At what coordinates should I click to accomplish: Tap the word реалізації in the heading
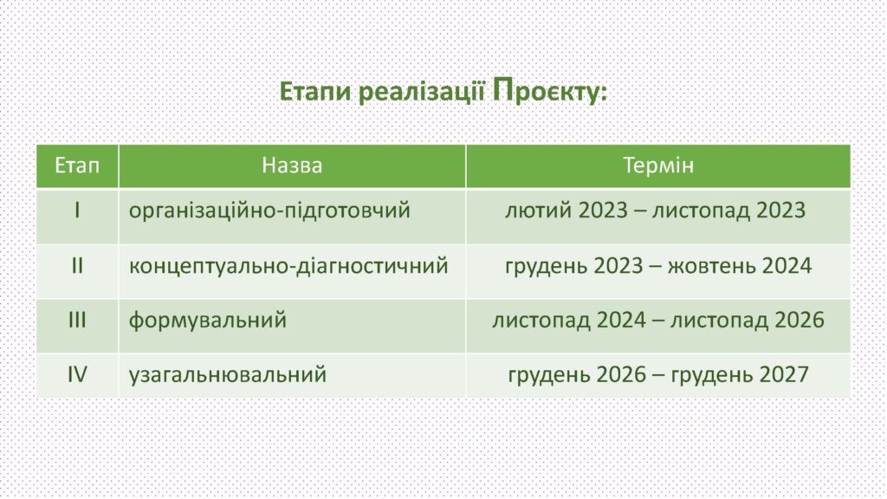pyautogui.click(x=422, y=92)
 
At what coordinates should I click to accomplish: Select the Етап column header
pyautogui.click(x=77, y=165)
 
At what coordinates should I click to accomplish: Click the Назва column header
pyautogui.click(x=292, y=165)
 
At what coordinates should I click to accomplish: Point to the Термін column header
pyautogui.click(x=658, y=165)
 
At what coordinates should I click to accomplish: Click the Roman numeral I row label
pyautogui.click(x=77, y=211)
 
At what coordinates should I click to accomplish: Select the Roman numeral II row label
pyautogui.click(x=77, y=265)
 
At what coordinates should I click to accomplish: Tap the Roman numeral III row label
pyautogui.click(x=77, y=321)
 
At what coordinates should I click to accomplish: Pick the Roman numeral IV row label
pyautogui.click(x=77, y=374)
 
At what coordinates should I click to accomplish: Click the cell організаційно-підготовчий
pyautogui.click(x=269, y=211)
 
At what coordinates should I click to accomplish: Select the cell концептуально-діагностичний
pyautogui.click(x=288, y=266)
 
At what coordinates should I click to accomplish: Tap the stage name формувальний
pyautogui.click(x=208, y=321)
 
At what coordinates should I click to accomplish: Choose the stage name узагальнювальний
pyautogui.click(x=228, y=375)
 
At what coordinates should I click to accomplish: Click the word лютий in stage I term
pyautogui.click(x=538, y=211)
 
